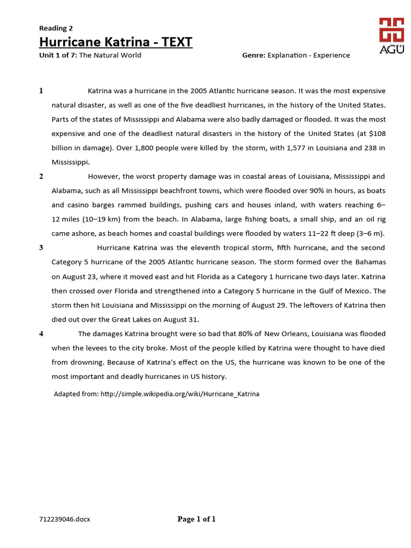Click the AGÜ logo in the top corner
pyautogui.click(x=392, y=36)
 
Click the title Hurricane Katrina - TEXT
pyautogui.click(x=116, y=42)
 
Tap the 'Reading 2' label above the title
pyautogui.click(x=56, y=28)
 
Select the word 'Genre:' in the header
pyautogui.click(x=254, y=55)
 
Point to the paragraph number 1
pyautogui.click(x=41, y=91)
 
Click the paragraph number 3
pyautogui.click(x=41, y=247)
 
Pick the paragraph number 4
pyautogui.click(x=41, y=333)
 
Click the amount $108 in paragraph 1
pyautogui.click(x=375, y=133)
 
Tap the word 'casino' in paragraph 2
pyautogui.click(x=78, y=205)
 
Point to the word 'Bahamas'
pyautogui.click(x=370, y=262)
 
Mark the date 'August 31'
pyautogui.click(x=181, y=319)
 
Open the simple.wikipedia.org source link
pyautogui.click(x=180, y=394)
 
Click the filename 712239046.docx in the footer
pyautogui.click(x=64, y=520)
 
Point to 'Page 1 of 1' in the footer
pyautogui.click(x=196, y=519)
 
